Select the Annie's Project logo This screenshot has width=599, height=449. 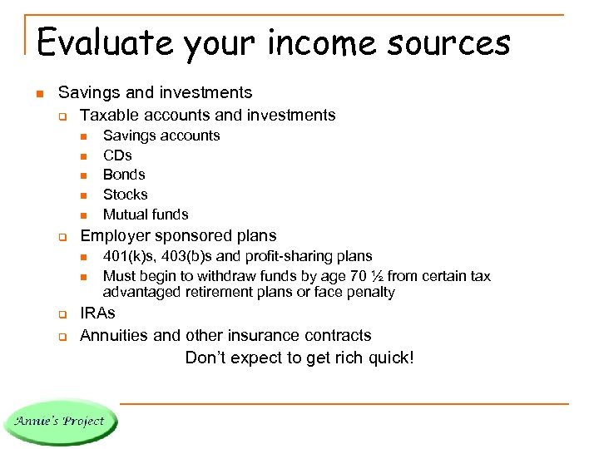pos(59,420)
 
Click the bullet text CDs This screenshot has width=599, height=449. pos(117,155)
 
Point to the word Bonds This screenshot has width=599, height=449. pos(124,175)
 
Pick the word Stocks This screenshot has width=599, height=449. pos(125,195)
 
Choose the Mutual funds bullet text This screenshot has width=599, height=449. pos(146,215)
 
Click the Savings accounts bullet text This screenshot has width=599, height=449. pos(161,136)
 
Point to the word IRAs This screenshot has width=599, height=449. pos(97,313)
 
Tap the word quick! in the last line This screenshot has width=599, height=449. pos(389,358)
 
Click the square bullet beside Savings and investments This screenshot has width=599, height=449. pos(39,93)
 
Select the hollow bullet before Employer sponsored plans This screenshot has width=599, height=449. pos(62,237)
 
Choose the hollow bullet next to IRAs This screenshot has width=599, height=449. pos(62,314)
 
